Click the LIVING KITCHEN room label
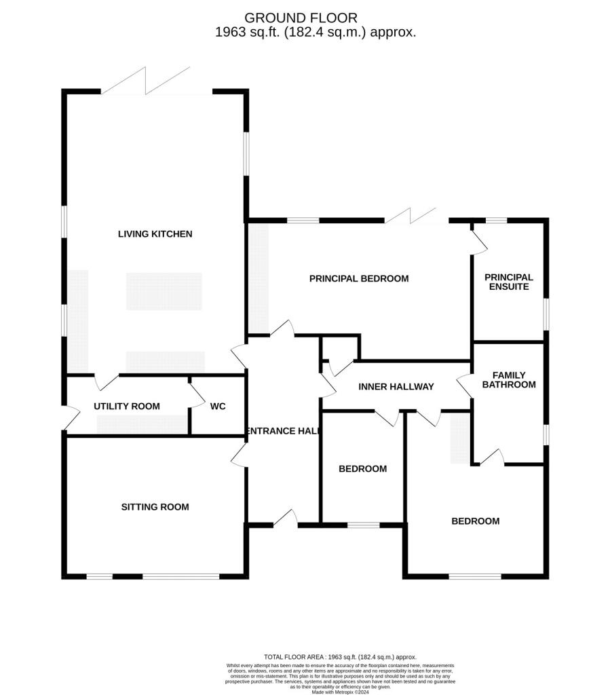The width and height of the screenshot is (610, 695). tap(155, 234)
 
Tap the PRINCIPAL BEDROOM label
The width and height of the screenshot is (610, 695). tap(359, 278)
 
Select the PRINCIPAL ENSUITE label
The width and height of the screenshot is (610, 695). tap(508, 282)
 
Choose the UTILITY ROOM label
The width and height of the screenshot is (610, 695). tap(127, 407)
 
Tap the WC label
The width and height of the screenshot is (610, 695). tap(218, 407)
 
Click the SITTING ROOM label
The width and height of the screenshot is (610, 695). tap(155, 507)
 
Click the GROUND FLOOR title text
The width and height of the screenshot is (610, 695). tap(301, 18)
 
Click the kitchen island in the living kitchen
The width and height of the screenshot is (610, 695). tap(164, 291)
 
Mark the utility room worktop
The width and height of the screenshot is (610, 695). tap(142, 425)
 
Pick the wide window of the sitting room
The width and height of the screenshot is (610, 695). tap(180, 577)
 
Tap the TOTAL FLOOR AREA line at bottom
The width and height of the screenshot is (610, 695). tap(340, 657)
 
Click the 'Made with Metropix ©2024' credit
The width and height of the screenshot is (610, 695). tap(339, 692)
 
